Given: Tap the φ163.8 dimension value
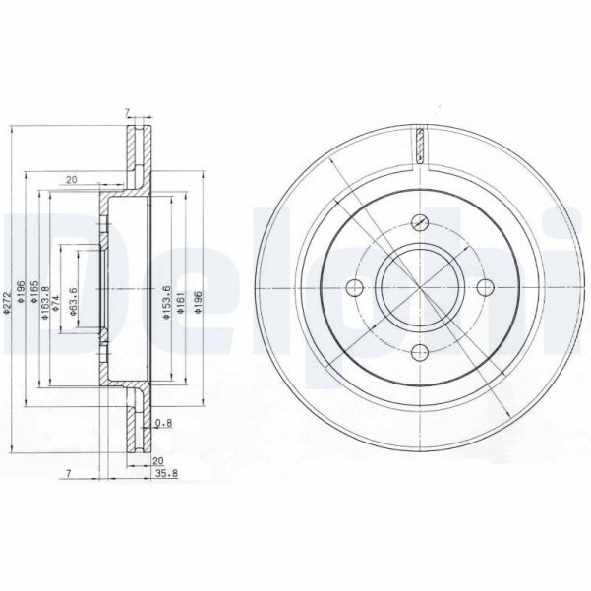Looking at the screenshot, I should (x=43, y=301).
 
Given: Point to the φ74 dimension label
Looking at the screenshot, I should (x=56, y=299).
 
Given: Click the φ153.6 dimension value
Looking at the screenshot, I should (x=168, y=301).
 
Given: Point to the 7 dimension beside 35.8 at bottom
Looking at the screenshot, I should (x=69, y=474).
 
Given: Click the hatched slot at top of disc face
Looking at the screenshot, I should (x=419, y=146).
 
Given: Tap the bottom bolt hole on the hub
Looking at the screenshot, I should (x=420, y=353).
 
